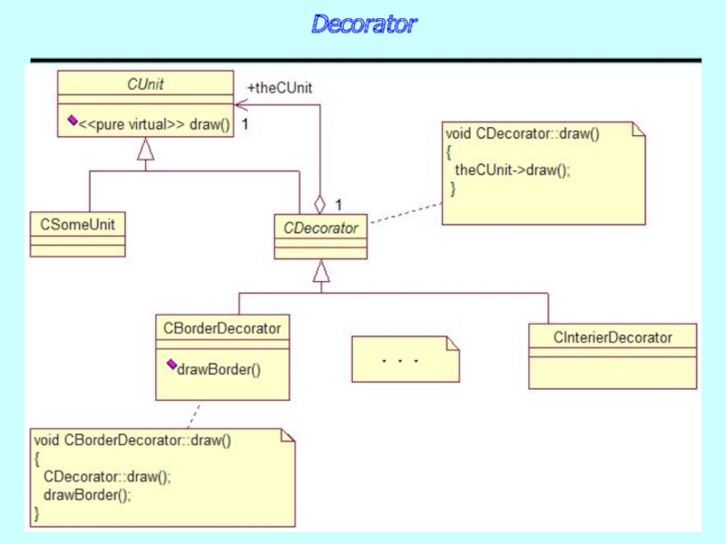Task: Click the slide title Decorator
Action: tap(363, 24)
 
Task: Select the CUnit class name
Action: tap(145, 84)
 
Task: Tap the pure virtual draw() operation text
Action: tap(154, 124)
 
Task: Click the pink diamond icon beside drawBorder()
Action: tap(171, 364)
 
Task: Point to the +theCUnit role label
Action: tap(280, 88)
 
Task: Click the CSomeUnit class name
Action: tap(77, 223)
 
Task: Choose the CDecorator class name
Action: tap(320, 228)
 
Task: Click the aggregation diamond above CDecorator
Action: tap(319, 205)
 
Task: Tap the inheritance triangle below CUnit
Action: tap(145, 150)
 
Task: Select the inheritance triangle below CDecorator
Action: tap(320, 270)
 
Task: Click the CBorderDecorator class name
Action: tap(222, 328)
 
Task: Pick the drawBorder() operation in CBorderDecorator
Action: tap(219, 369)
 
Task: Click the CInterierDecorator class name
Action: tap(613, 337)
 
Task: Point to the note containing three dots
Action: tap(405, 360)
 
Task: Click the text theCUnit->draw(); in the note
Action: tap(513, 170)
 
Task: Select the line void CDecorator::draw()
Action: tap(522, 133)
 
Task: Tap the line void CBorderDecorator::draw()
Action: tap(132, 442)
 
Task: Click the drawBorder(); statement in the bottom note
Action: tap(87, 495)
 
